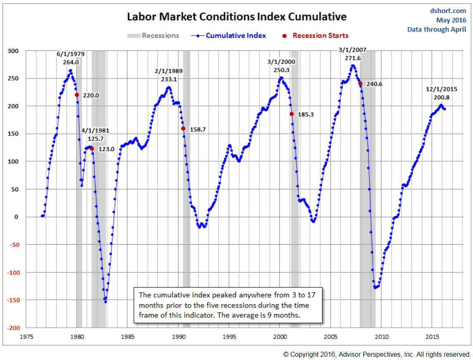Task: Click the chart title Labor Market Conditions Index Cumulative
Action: tap(236, 17)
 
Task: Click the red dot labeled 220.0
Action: tap(77, 95)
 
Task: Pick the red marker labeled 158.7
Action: tap(183, 129)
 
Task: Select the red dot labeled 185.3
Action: tap(292, 114)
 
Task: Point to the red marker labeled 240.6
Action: tap(360, 83)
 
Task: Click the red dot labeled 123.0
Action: tap(92, 149)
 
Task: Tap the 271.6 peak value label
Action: tap(353, 58)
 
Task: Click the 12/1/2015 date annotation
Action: tap(441, 89)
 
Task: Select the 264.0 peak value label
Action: tap(70, 62)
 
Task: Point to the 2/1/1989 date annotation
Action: tap(168, 71)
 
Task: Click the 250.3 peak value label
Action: tap(281, 70)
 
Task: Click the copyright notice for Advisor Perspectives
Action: tap(377, 354)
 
